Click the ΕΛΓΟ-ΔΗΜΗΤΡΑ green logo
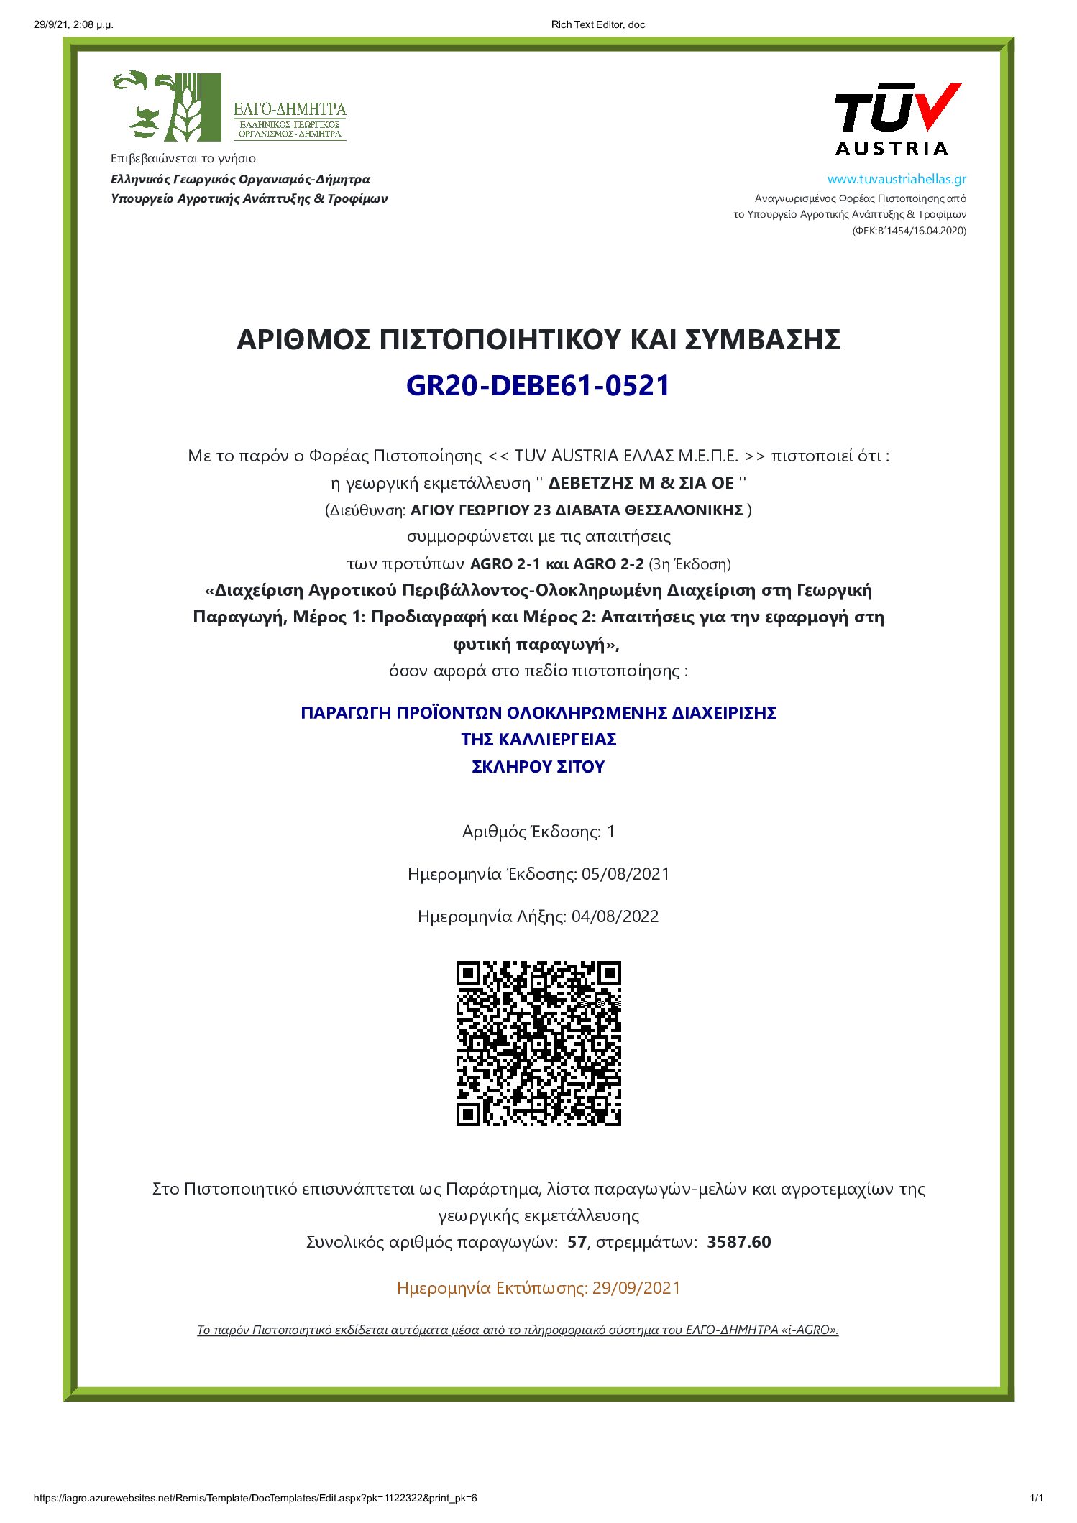229,107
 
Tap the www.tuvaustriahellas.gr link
896,179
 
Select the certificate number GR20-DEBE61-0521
538,386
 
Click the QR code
538,1043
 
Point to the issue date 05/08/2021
625,874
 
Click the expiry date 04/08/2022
615,916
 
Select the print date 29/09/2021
636,1287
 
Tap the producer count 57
577,1242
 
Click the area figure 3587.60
738,1242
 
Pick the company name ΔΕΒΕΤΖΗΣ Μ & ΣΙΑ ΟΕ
641,482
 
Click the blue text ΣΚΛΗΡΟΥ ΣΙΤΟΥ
538,767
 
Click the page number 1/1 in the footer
1036,1498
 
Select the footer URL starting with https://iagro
255,1498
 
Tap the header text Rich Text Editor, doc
598,24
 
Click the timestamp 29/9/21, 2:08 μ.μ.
73,24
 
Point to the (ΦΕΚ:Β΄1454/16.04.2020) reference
909,231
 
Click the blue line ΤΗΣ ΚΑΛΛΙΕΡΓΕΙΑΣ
538,740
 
